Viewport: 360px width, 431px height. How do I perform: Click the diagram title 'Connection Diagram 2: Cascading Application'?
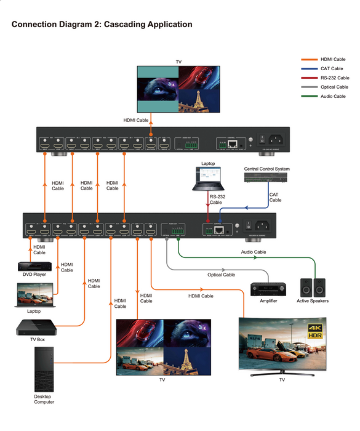(x=102, y=25)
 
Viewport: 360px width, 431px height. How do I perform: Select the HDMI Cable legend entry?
(x=333, y=59)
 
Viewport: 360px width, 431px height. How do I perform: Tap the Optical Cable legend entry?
(x=334, y=87)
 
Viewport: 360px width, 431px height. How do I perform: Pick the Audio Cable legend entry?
(x=333, y=96)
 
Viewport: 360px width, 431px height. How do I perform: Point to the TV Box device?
(x=33, y=327)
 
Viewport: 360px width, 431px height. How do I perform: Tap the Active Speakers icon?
(x=313, y=288)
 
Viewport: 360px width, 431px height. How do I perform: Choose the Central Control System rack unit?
(x=266, y=178)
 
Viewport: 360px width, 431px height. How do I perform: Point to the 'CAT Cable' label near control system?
(x=275, y=197)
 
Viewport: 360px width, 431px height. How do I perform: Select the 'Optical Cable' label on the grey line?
(x=221, y=275)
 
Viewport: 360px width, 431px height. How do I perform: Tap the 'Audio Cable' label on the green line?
(x=252, y=252)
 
